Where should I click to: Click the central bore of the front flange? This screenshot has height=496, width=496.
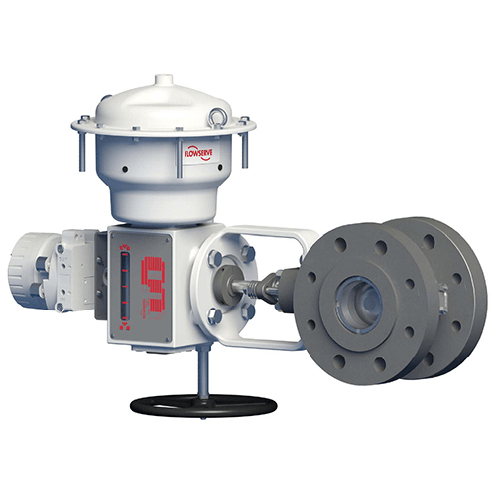pyautogui.click(x=358, y=297)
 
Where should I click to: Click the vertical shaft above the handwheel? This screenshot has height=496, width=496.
pyautogui.click(x=202, y=376)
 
